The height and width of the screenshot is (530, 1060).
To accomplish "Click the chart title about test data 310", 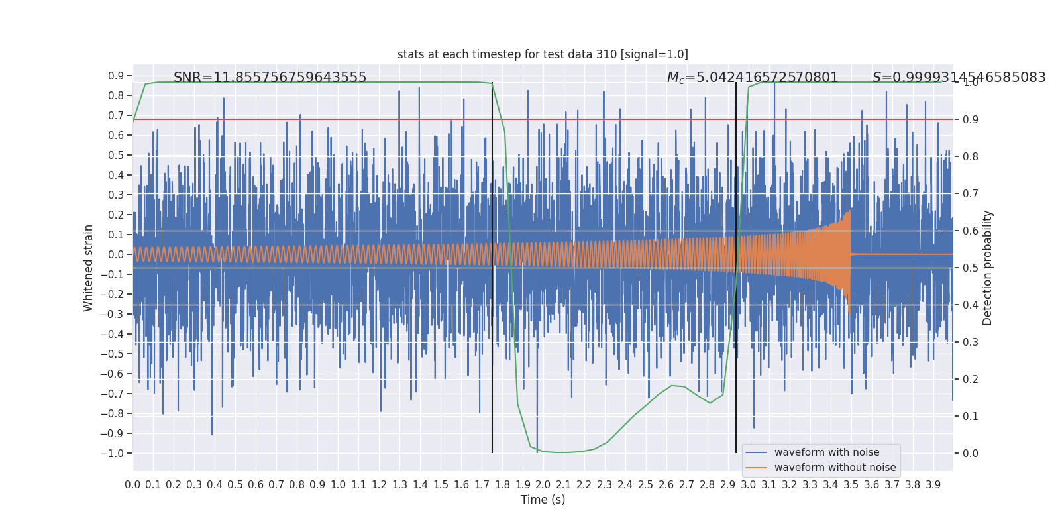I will tap(543, 54).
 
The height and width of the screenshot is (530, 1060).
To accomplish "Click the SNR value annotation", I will tap(270, 78).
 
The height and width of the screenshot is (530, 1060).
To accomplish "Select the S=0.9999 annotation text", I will tap(959, 78).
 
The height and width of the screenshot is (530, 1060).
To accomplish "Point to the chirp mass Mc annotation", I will tap(753, 78).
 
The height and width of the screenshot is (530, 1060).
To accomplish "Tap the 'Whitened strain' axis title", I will tap(89, 268).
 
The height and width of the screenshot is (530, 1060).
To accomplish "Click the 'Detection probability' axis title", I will tap(988, 268).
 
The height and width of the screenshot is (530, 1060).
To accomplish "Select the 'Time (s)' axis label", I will tap(543, 500).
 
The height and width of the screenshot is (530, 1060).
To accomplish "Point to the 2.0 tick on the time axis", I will tap(543, 485).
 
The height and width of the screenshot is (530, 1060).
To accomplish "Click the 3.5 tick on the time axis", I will tap(851, 485).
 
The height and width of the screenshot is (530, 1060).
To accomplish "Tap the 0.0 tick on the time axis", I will tap(132, 485).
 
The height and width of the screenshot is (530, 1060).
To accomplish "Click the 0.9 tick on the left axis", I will tap(116, 76).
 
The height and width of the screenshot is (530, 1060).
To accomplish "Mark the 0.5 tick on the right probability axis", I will tap(970, 268).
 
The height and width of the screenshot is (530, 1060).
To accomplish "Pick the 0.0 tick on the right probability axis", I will tap(970, 453).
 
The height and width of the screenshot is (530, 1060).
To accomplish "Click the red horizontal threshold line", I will tap(331, 119).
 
